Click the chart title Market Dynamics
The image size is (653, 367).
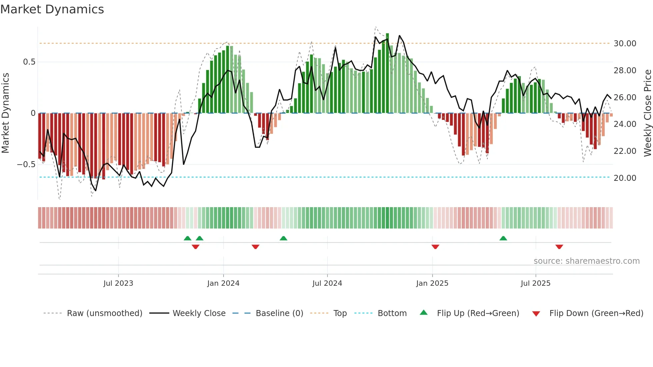pyautogui.click(x=52, y=9)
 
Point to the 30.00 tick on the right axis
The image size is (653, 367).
pyautogui.click(x=625, y=44)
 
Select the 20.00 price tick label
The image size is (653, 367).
pyautogui.click(x=625, y=178)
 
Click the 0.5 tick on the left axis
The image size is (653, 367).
pyautogui.click(x=29, y=62)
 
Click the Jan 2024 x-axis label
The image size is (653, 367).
pyautogui.click(x=223, y=283)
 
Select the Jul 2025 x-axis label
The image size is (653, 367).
pyautogui.click(x=535, y=283)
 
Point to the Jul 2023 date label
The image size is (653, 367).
pyautogui.click(x=118, y=283)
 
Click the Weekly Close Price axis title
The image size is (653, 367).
pyautogui.click(x=647, y=113)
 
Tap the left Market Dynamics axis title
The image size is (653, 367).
pyautogui.click(x=5, y=113)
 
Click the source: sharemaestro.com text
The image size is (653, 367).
pyautogui.click(x=586, y=261)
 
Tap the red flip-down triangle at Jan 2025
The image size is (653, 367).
pyautogui.click(x=435, y=247)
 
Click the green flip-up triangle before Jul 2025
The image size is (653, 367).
pyautogui.click(x=503, y=238)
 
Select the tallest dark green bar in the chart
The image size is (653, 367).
pyautogui.click(x=387, y=73)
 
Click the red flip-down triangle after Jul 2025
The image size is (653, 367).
pyautogui.click(x=559, y=247)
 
